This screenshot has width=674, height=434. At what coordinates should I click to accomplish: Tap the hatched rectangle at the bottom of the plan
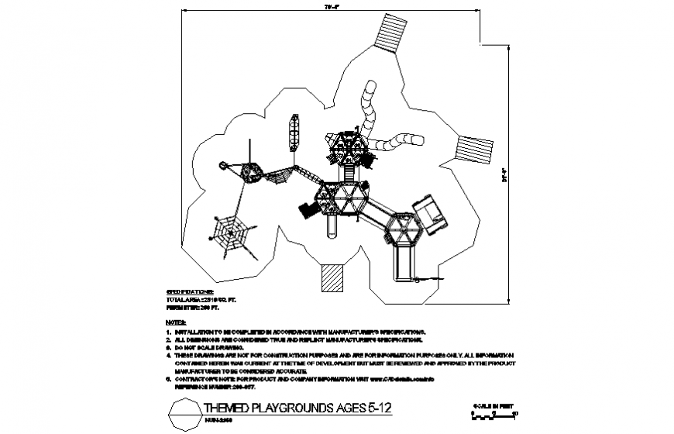[x=332, y=277]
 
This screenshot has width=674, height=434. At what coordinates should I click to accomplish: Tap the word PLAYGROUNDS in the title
[x=284, y=408]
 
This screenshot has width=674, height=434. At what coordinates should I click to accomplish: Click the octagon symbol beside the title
[x=183, y=412]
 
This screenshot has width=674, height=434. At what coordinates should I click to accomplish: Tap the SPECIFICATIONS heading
[x=190, y=291]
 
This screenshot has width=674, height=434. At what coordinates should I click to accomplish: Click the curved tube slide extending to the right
[x=397, y=142]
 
